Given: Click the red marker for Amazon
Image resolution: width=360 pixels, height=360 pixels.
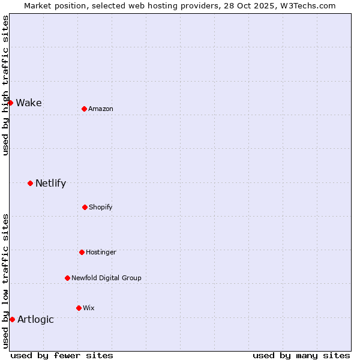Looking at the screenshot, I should pyautogui.click(x=84, y=109).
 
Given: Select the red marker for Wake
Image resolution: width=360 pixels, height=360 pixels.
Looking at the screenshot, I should pyautogui.click(x=10, y=103).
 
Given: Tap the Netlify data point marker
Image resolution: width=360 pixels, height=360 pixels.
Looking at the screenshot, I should pyautogui.click(x=30, y=183).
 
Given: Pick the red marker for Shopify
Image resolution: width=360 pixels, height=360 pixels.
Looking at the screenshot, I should pyautogui.click(x=85, y=207).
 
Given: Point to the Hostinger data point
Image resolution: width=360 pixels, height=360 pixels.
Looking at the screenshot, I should pyautogui.click(x=82, y=252).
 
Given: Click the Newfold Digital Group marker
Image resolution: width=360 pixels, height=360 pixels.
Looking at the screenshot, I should pyautogui.click(x=67, y=278).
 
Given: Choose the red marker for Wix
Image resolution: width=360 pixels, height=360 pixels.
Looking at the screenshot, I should pyautogui.click(x=79, y=308).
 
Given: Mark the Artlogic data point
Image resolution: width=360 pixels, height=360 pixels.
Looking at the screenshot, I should pyautogui.click(x=12, y=319).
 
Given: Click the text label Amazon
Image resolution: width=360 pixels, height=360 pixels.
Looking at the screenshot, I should pyautogui.click(x=101, y=109).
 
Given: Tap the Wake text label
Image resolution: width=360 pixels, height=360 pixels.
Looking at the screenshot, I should pyautogui.click(x=29, y=103).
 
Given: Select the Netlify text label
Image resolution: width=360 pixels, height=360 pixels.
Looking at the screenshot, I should pyautogui.click(x=50, y=183).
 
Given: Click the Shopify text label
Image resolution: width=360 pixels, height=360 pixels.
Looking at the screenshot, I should pyautogui.click(x=101, y=207).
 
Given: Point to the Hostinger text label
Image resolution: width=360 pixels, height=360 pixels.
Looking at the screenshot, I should pyautogui.click(x=101, y=252).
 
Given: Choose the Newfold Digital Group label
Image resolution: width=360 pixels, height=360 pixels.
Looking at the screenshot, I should pyautogui.click(x=106, y=278).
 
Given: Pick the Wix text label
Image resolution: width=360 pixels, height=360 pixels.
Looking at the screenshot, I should pyautogui.click(x=89, y=308).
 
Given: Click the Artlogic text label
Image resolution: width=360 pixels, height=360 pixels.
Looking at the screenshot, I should pyautogui.click(x=35, y=319).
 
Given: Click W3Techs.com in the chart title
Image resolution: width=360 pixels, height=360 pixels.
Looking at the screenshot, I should pyautogui.click(x=307, y=5).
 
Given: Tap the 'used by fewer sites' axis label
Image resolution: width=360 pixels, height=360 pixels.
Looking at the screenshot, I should pyautogui.click(x=62, y=355).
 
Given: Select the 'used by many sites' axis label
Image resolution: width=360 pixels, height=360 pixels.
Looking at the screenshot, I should pyautogui.click(x=301, y=355).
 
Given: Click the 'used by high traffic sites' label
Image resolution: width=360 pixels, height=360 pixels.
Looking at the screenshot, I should pyautogui.click(x=5, y=85).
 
